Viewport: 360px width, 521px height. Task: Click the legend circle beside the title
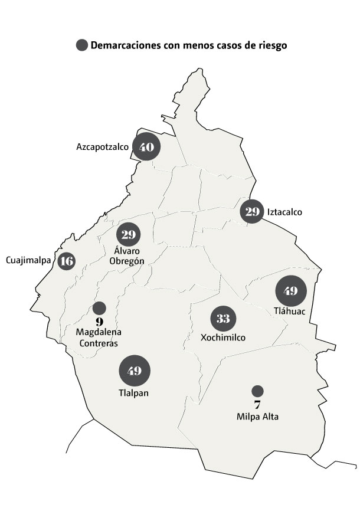coord(81,45)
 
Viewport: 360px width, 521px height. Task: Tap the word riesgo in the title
coord(272,45)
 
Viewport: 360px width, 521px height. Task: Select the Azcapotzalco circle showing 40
coord(146,146)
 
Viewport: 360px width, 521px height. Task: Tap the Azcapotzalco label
coord(103,146)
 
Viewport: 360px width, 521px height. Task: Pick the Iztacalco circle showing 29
coord(252,212)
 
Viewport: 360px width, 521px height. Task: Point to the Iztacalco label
coord(284,212)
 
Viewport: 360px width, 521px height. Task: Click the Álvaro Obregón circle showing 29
coord(129,234)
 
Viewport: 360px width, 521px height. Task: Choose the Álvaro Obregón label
coord(128,255)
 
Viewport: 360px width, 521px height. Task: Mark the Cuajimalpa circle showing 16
coord(67,261)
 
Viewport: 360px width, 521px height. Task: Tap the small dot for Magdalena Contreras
coord(99,308)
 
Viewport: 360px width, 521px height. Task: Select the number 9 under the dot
coord(99,322)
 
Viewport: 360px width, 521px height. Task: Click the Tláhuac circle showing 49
coord(290,291)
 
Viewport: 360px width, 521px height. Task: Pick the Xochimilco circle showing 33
coord(223,319)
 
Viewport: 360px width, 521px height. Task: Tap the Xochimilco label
coord(223,337)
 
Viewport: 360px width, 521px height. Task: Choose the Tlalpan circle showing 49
coord(135,371)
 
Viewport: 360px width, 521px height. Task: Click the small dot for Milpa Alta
coord(257,391)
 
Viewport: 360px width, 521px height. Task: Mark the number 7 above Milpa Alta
coord(257,405)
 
